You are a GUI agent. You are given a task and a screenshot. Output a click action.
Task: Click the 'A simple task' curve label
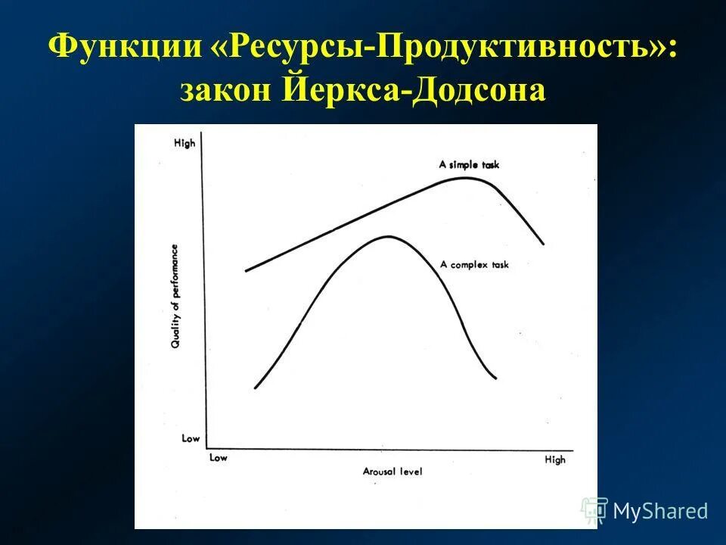click(x=469, y=164)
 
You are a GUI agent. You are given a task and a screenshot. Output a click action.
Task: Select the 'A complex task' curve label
click(x=475, y=264)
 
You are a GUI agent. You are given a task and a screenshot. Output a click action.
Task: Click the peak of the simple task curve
click(x=466, y=178)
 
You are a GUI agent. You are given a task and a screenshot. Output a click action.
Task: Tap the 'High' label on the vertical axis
click(x=185, y=142)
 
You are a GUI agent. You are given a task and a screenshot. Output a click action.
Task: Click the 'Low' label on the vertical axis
click(x=191, y=438)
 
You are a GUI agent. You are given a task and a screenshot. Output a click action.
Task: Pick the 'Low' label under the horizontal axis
click(x=218, y=457)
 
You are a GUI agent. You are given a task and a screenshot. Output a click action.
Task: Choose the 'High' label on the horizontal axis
click(x=554, y=459)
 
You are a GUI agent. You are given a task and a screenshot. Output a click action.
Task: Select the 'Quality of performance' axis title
click(x=175, y=296)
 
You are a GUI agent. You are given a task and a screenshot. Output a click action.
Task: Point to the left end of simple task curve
click(x=247, y=270)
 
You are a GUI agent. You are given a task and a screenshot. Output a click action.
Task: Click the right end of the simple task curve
click(x=543, y=244)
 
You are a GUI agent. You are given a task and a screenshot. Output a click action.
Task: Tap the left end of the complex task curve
click(x=256, y=388)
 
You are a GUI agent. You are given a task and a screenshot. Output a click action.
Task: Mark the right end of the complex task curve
click(x=496, y=378)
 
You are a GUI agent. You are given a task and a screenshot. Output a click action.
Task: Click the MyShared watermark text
click(x=659, y=511)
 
